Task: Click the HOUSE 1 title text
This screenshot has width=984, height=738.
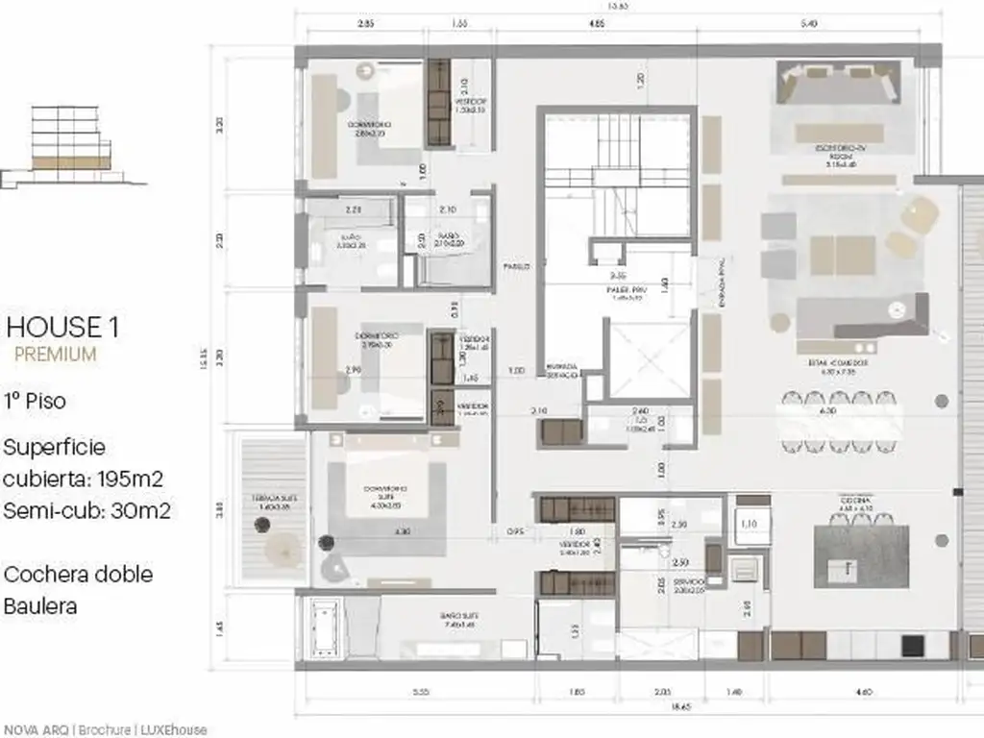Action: point(62,327)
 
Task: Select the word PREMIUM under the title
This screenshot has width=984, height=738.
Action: point(55,354)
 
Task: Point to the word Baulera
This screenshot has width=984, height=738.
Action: point(40,606)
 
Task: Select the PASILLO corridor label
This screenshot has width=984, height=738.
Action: point(516,267)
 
